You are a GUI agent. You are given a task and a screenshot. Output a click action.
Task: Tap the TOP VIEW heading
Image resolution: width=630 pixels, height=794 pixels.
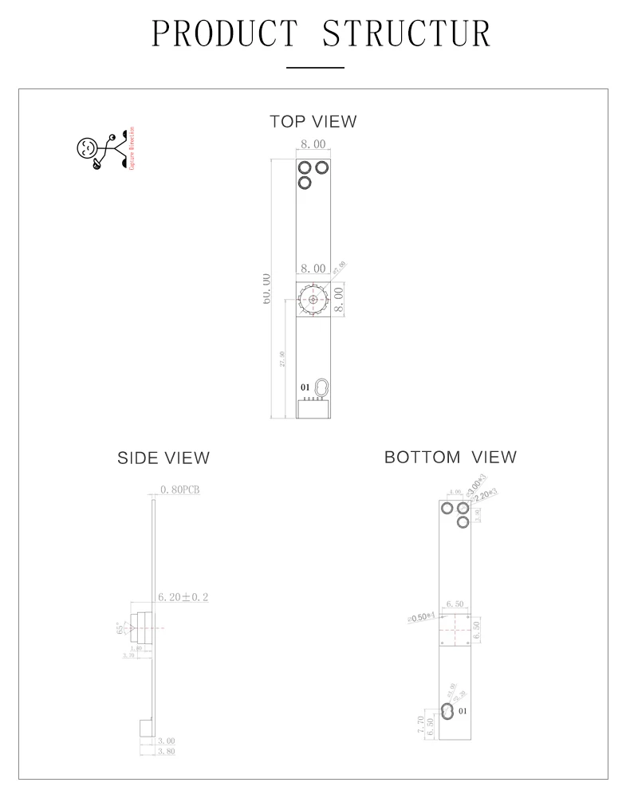point(313,122)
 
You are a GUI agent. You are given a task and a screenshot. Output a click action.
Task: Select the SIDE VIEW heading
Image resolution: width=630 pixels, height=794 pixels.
point(163,458)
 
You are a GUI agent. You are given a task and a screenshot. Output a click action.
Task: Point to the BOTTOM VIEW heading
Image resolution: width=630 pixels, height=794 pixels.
point(450,458)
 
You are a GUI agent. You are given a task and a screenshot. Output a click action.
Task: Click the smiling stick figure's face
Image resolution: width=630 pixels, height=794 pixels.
point(87,147)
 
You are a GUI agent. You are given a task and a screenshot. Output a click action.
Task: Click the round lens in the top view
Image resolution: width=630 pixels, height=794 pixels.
point(313,301)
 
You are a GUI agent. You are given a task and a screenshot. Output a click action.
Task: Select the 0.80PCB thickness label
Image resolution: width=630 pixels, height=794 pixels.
point(179,489)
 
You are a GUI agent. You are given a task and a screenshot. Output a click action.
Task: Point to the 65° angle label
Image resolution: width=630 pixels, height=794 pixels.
point(121,627)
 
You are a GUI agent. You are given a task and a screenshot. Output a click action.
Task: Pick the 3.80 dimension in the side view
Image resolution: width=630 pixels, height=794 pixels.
point(166,751)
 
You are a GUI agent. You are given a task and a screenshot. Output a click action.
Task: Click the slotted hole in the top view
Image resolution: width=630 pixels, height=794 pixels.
point(322,388)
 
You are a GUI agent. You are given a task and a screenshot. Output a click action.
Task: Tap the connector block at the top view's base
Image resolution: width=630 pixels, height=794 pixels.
point(313,409)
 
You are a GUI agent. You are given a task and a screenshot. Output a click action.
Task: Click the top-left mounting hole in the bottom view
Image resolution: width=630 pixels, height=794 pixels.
point(447,508)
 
